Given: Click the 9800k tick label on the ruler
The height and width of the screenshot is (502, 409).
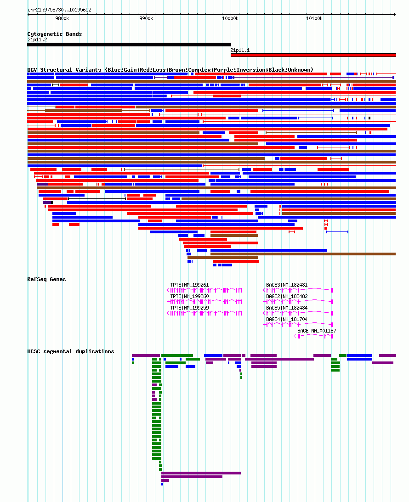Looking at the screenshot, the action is point(62,18).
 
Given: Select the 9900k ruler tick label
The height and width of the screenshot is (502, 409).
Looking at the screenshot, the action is point(146,18).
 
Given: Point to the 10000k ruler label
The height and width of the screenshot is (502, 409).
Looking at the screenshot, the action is point(230,18).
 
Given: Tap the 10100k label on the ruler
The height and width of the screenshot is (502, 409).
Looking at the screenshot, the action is point(314,18).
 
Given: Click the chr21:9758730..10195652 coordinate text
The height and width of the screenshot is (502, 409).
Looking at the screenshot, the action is point(59,10).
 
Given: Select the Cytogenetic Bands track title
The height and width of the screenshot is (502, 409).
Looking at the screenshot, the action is point(54,34).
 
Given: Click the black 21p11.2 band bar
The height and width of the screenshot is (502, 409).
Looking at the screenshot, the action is point(129,45).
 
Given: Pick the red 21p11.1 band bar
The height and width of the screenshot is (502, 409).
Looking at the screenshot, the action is point(313,55).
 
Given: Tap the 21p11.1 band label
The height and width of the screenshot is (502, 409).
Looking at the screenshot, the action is point(240,50).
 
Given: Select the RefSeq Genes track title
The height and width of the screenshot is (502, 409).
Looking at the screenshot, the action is point(46,279).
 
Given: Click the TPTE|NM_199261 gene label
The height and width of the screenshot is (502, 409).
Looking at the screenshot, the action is point(189,285).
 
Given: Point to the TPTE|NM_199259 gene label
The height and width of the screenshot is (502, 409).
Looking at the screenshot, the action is point(189,308).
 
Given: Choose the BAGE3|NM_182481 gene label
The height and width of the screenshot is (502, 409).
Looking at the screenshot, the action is point(287,285).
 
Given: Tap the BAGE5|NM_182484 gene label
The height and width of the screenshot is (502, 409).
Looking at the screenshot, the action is point(287,308).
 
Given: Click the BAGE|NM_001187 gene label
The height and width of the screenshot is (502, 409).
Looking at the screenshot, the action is point(317,331).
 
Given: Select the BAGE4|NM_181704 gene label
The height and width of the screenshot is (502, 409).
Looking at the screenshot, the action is point(287,320).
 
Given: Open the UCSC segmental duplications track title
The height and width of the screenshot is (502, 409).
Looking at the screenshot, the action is point(70,351).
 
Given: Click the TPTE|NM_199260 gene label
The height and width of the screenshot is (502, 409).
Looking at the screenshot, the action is point(189,296).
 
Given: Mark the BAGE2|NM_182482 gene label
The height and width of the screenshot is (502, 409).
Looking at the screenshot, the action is point(287,296).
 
